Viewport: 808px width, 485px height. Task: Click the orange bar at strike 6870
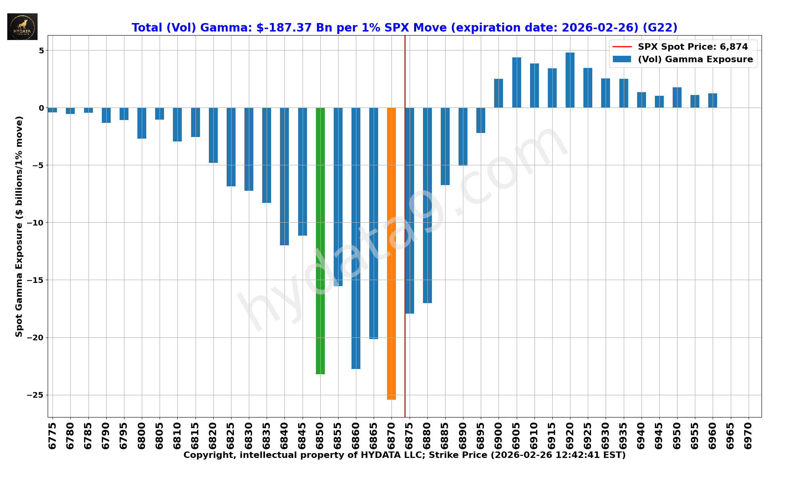click(x=391, y=253)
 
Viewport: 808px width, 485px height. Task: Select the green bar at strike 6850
click(x=320, y=241)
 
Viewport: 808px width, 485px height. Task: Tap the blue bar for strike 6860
click(x=356, y=238)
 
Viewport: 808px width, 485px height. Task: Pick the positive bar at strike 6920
click(x=570, y=80)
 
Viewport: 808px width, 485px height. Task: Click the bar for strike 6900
click(x=499, y=93)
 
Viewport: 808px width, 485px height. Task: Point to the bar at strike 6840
click(x=284, y=176)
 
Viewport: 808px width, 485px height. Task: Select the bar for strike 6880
click(x=427, y=205)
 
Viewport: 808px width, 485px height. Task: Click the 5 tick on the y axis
click(x=41, y=51)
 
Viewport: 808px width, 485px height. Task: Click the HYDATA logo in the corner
click(x=22, y=27)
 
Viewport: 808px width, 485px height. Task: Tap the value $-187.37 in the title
click(x=284, y=28)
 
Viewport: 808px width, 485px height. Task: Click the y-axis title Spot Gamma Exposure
click(x=19, y=226)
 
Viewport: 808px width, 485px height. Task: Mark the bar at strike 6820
click(x=213, y=135)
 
